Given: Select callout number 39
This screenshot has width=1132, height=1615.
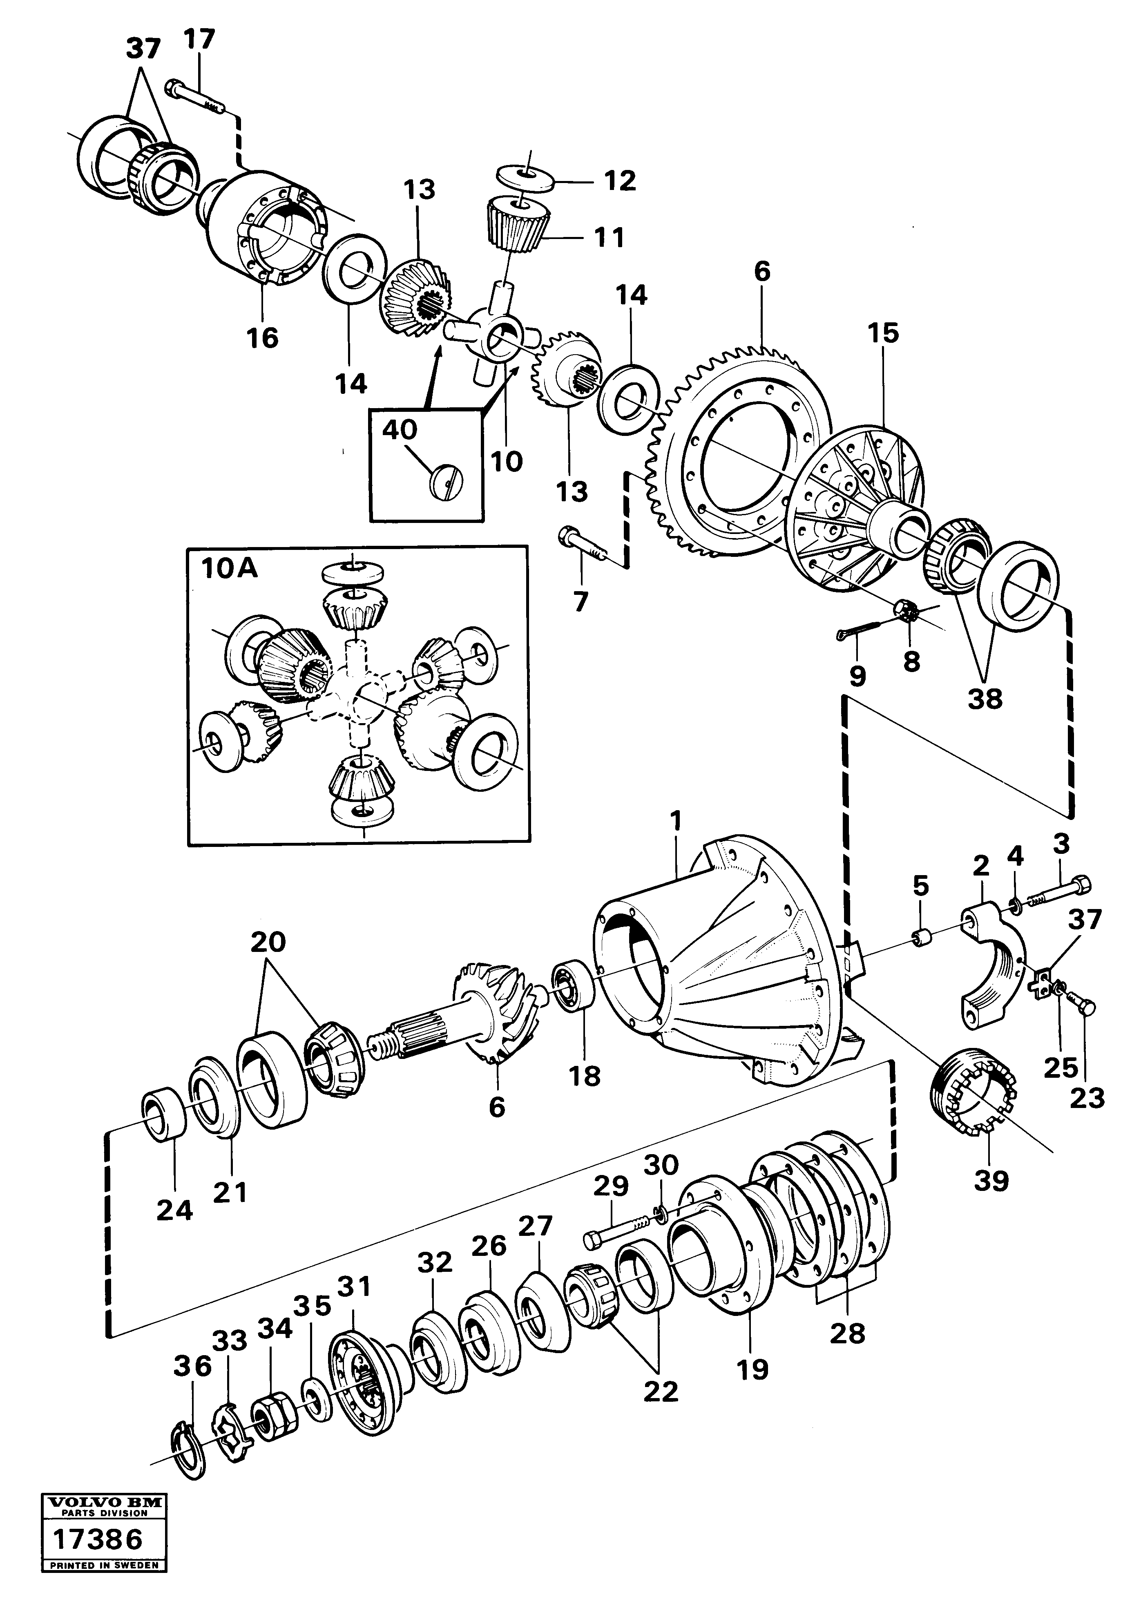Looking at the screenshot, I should (x=991, y=1181).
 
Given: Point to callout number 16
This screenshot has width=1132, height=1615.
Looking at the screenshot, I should (x=262, y=337).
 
